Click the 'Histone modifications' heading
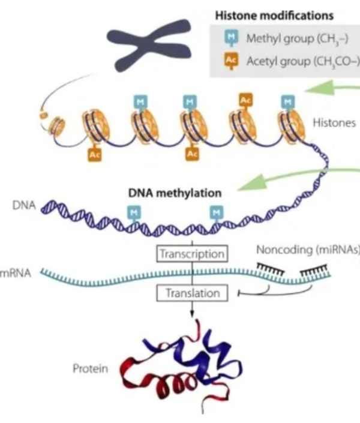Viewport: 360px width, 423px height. (283, 16)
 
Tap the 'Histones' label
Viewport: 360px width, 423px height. (334, 123)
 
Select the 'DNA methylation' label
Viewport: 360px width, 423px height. (175, 193)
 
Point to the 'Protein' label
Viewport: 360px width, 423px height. (90, 368)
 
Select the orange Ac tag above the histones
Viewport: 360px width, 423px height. (245, 100)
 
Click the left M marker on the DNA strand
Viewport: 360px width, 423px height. (133, 211)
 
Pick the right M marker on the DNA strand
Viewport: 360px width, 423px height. (216, 211)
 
